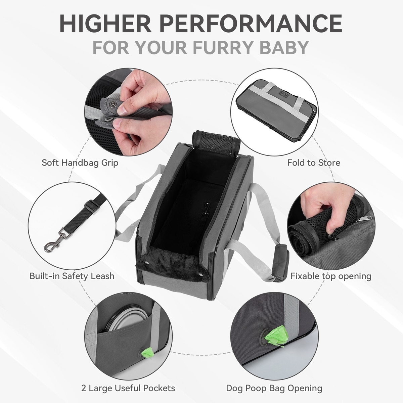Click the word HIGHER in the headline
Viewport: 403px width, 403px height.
point(105,23)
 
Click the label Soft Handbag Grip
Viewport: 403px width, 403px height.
point(80,163)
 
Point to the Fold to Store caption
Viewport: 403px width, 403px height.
point(313,163)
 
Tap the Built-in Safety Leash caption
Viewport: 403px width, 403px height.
point(72,276)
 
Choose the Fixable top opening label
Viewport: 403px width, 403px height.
point(331,276)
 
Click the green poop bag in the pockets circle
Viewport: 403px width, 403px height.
point(148,353)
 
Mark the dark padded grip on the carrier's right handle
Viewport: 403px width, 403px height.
point(281,263)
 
